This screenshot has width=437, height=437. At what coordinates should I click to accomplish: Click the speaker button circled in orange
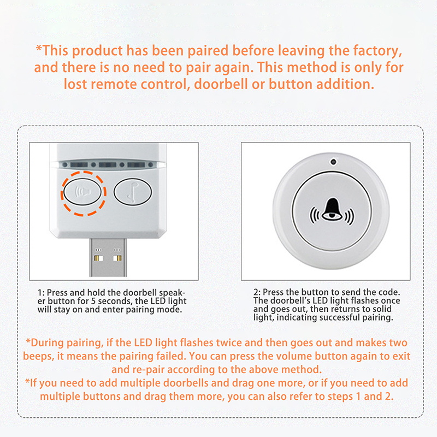coord(82,192)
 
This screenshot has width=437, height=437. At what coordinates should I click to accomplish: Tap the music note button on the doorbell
coord(133,192)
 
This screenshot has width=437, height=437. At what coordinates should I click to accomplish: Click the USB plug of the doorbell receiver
coord(108,257)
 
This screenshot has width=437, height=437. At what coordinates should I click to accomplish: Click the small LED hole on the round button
coord(333,162)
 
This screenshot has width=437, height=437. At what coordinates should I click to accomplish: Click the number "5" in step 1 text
coord(93,302)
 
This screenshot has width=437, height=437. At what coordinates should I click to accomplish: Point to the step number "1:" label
coord(41,293)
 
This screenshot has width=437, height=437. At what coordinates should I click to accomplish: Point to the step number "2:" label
coord(257,292)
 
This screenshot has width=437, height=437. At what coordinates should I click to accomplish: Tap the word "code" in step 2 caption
coord(389,292)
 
